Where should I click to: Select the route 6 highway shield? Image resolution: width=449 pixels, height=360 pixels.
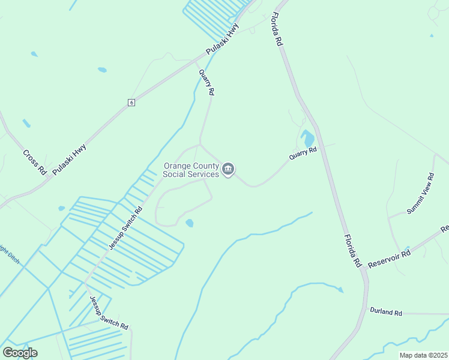coord(131,103)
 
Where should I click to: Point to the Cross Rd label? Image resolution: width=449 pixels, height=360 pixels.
coord(35,161)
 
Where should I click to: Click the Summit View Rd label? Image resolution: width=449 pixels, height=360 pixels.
coord(420,194)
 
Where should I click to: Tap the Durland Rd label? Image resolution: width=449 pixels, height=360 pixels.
coord(385,311)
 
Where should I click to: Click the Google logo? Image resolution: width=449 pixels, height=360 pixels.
coord(20,353)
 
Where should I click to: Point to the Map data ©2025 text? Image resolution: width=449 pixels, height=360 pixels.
coord(423,355)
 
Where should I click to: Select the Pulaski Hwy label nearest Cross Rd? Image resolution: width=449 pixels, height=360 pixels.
coord(69,159)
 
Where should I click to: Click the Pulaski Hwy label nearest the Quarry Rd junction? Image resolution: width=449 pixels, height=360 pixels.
coord(222,41)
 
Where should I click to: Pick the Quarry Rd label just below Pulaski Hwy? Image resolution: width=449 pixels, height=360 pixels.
coord(206,82)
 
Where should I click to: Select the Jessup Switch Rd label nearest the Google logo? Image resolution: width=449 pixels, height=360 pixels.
coord(109,313)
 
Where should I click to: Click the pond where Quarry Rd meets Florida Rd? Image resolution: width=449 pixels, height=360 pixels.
coord(309,139)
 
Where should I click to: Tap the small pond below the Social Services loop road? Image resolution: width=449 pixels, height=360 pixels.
coord(190,223)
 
